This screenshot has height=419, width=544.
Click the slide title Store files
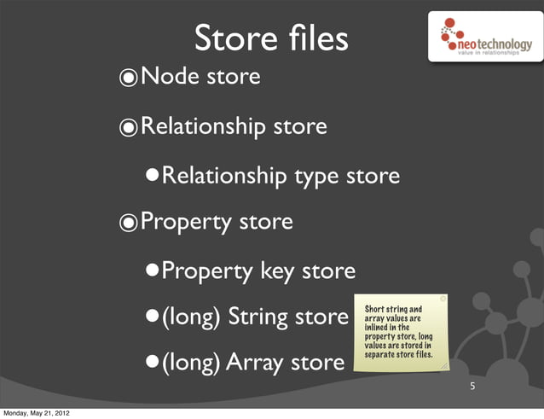(x=271, y=38)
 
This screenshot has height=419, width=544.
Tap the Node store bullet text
(x=200, y=78)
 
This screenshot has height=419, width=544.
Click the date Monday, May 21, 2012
(x=36, y=413)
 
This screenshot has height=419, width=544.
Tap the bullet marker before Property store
(x=128, y=224)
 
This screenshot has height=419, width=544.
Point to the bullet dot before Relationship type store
(x=151, y=177)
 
